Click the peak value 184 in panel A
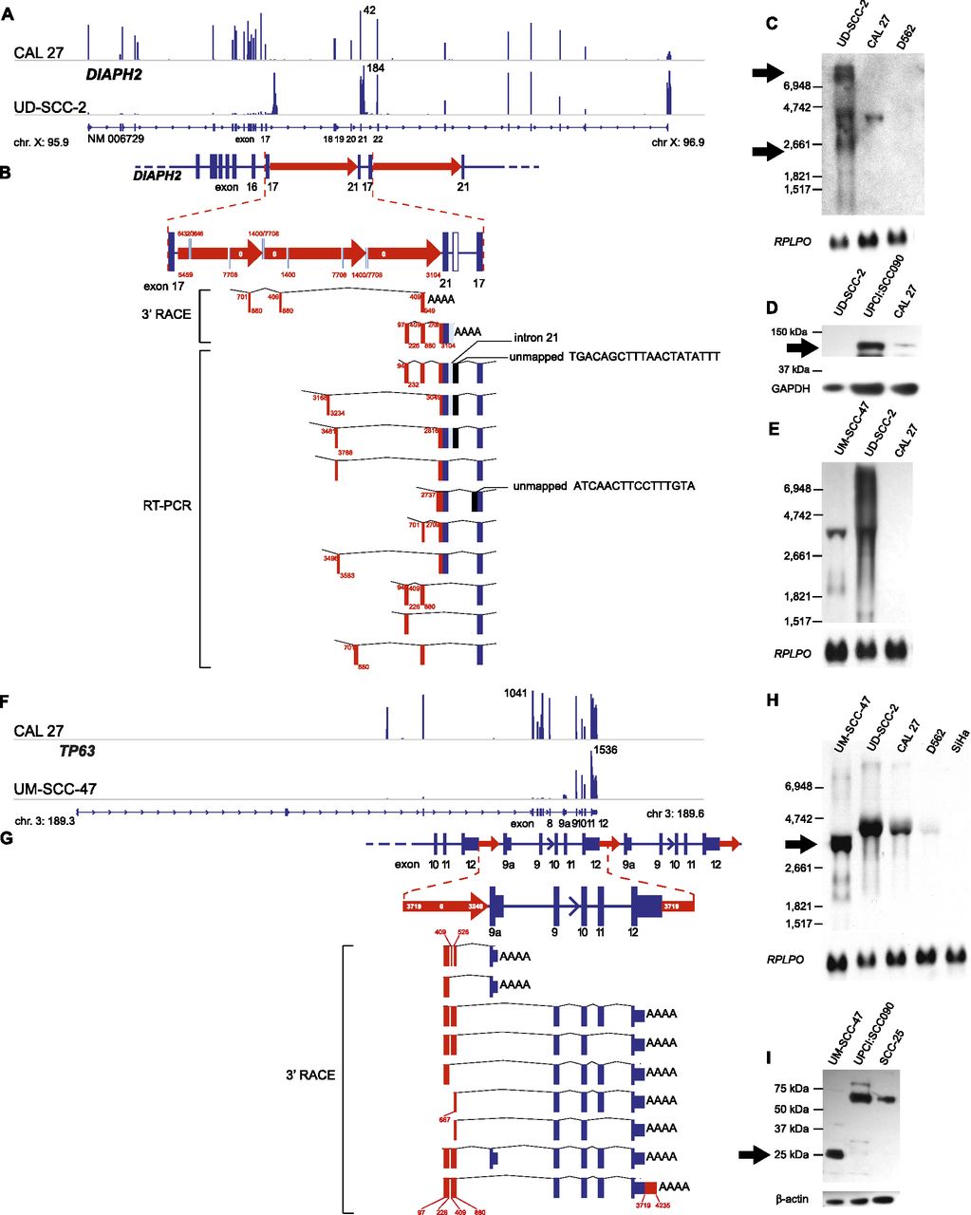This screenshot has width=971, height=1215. point(375,69)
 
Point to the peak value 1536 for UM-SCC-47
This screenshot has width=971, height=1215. point(605,750)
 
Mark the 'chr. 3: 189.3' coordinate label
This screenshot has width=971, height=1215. point(42,815)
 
